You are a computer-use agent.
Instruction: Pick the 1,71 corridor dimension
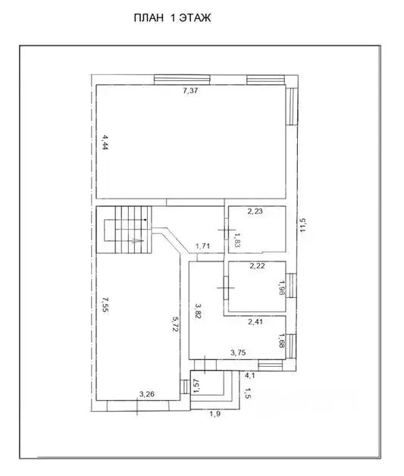(202, 246)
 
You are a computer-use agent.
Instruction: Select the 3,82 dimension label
(198, 312)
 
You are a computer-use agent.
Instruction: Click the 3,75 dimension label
(240, 352)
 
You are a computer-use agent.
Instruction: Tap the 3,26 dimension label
(147, 393)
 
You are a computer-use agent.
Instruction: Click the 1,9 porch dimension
(215, 414)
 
